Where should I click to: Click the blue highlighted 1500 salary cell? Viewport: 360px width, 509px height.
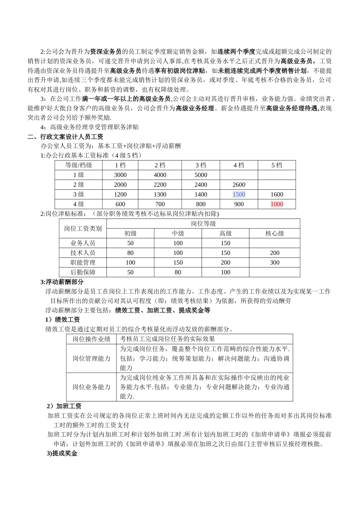tap(239, 194)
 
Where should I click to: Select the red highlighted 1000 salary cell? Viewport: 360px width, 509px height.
tap(277, 204)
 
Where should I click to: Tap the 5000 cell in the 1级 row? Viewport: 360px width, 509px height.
tap(201, 175)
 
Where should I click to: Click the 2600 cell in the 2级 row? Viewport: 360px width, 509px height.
tap(239, 185)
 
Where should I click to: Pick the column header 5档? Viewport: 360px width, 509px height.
tap(277, 165)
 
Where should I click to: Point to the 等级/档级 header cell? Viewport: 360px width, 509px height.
tap(78, 165)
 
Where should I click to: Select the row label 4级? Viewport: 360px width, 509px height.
tap(78, 204)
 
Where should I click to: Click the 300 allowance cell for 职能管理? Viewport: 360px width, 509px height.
tap(275, 262)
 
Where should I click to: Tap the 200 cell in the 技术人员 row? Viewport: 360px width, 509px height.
tap(275, 253)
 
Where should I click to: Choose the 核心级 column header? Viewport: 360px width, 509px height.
tap(275, 233)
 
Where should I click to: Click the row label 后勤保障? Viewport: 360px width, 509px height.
tap(83, 272)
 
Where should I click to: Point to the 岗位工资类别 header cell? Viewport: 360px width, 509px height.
tap(83, 228)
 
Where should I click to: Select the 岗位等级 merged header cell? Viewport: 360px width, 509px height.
tap(203, 223)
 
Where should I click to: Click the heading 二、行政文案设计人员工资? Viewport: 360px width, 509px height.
tap(65, 137)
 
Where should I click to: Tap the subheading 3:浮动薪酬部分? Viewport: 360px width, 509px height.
tap(62, 282)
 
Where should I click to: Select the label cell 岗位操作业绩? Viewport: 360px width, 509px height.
tap(91, 339)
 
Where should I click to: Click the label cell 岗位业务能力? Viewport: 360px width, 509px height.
tap(91, 387)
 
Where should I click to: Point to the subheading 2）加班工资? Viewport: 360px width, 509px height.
tap(64, 406)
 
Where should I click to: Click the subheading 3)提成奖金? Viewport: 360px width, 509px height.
tap(62, 453)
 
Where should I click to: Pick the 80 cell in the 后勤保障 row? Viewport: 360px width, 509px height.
tap(178, 272)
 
